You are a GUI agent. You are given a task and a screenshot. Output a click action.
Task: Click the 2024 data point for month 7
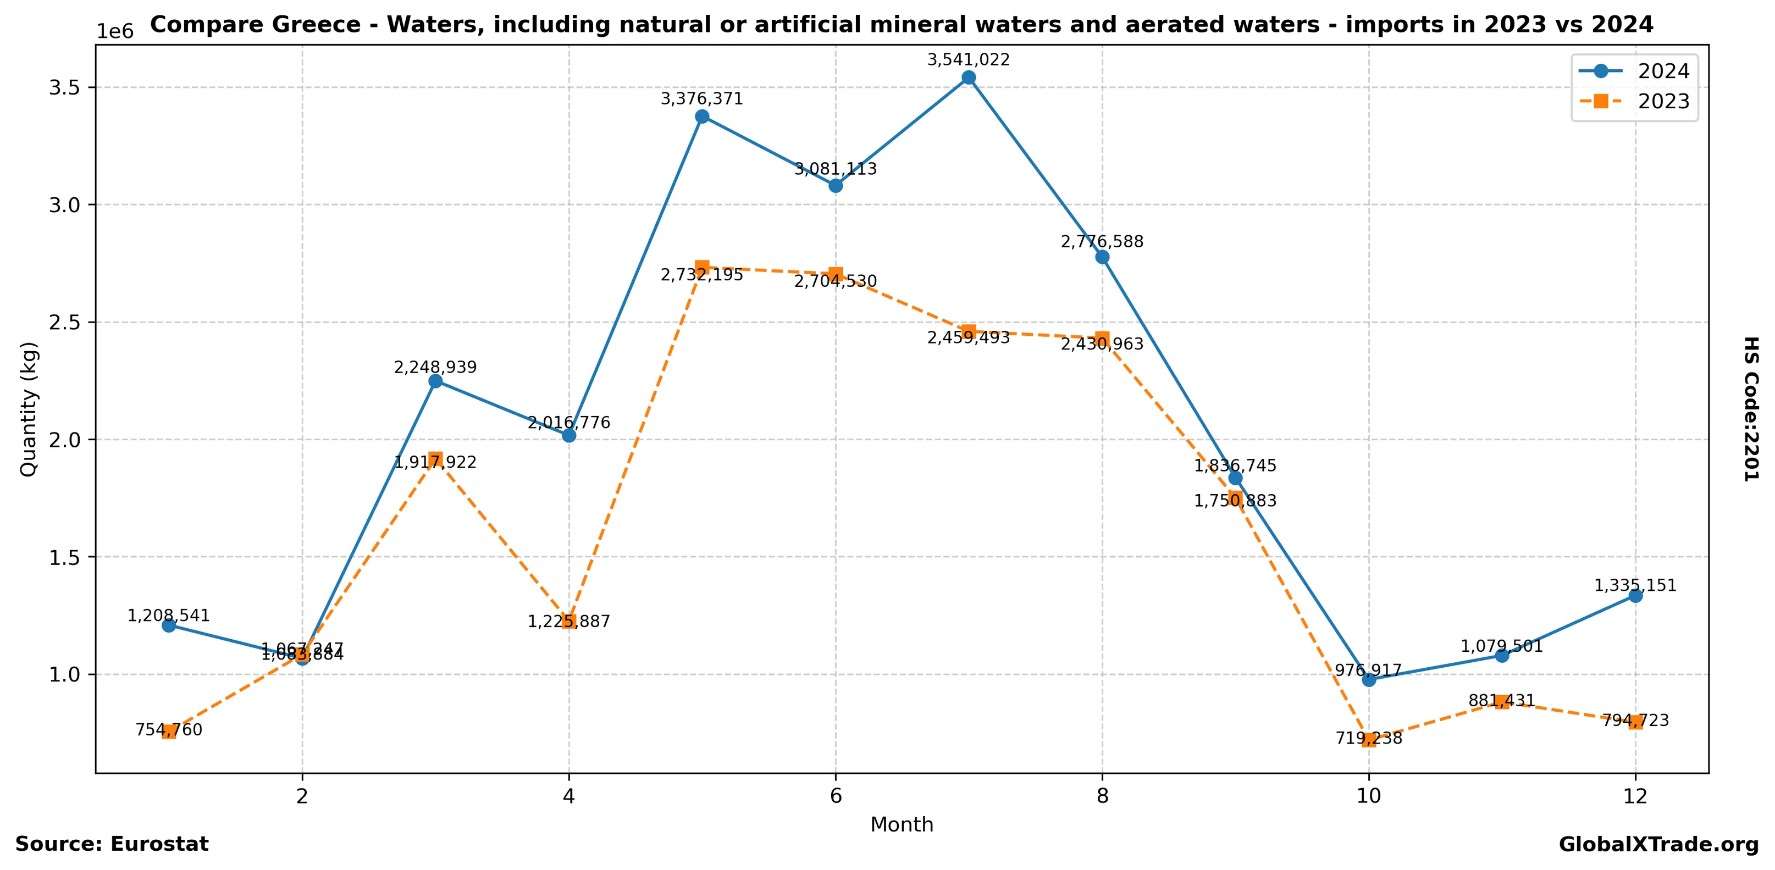coord(969,77)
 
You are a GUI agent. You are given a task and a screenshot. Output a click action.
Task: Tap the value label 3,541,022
coord(968,60)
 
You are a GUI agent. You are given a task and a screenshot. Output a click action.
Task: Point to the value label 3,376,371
coord(701,99)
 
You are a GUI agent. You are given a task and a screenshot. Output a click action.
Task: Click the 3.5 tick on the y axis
coord(64,87)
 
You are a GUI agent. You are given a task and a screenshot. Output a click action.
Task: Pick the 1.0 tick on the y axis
coord(64,674)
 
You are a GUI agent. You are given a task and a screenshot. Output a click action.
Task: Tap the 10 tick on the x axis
coord(1368,796)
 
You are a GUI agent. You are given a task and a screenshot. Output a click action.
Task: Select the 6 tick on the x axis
coord(836,796)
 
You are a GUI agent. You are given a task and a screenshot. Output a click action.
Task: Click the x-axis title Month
coord(902,824)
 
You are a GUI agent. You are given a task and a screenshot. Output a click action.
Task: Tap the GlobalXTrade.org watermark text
coord(1658,845)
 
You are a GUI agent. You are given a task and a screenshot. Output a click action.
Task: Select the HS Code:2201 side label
coord(1751,408)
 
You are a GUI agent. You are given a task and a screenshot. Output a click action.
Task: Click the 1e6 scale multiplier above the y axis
coord(114,32)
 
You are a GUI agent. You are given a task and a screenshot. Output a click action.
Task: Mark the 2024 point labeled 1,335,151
coord(1635,596)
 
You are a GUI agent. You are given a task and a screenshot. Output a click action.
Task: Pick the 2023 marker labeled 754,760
coord(169,732)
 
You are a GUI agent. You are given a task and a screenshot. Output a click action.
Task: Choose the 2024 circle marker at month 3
coord(435,381)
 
